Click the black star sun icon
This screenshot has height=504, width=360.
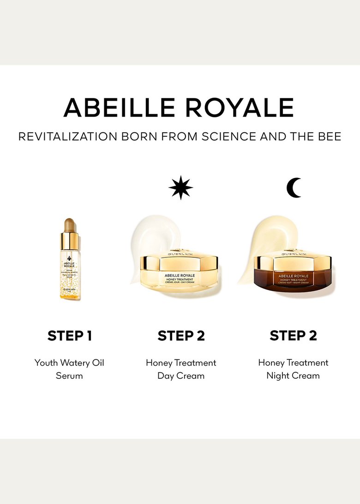(x=180, y=188)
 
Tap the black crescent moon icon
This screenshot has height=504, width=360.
(x=294, y=188)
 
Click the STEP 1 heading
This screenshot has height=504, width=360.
(x=69, y=336)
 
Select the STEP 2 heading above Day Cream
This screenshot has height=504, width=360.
(x=181, y=336)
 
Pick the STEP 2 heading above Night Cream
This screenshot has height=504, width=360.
(x=293, y=336)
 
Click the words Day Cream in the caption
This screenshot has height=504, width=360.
(x=181, y=376)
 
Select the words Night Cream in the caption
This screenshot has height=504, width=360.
(x=293, y=376)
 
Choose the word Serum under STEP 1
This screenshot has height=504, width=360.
(x=69, y=376)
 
